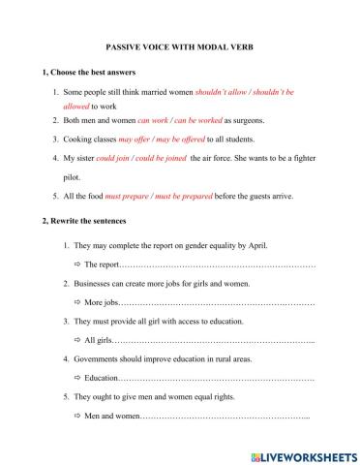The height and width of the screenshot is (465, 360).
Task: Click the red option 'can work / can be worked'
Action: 180,121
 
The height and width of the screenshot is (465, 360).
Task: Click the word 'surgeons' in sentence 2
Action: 246,121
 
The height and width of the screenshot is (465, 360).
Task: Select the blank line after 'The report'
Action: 219,264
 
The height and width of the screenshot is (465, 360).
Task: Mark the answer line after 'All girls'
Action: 214,341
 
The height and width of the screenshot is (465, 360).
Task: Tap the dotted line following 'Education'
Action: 217,379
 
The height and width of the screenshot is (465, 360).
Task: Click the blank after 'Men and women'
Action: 225,417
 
